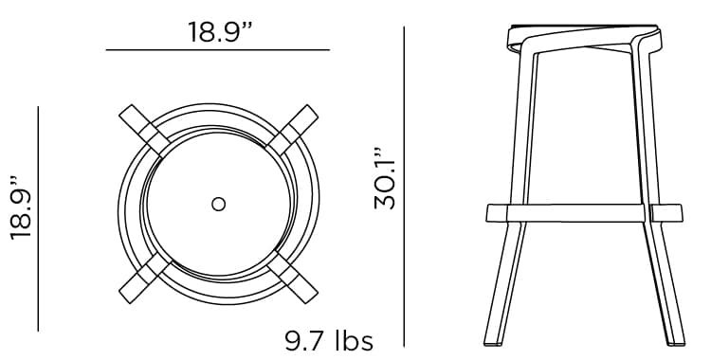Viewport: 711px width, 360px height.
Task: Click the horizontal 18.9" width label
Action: (x=220, y=32)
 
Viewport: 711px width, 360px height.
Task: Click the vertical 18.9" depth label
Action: (x=21, y=207)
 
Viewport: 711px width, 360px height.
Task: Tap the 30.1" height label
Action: (x=385, y=178)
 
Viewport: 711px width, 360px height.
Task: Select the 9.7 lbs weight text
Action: (x=329, y=341)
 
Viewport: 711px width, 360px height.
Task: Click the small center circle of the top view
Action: (x=219, y=204)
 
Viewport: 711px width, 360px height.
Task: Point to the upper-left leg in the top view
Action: (x=145, y=131)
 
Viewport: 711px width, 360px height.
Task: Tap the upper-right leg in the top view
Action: (x=293, y=131)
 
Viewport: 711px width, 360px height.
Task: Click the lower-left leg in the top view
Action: (x=145, y=278)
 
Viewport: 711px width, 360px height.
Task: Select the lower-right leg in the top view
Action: (x=293, y=278)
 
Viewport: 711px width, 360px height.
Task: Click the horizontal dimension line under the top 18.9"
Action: (x=218, y=50)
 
